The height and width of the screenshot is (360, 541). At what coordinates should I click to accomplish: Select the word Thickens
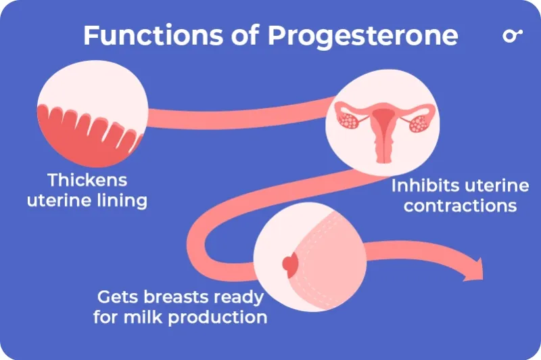point(87,181)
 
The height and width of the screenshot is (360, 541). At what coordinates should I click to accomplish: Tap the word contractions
point(460,205)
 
